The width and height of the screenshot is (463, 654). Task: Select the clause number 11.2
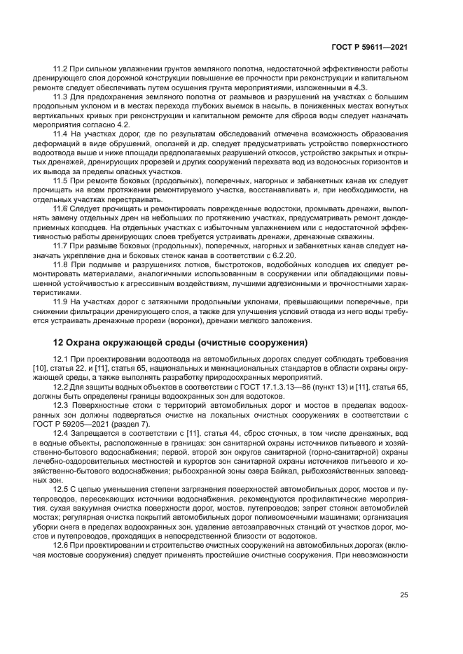pos(61,69)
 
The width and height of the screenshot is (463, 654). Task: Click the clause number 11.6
pos(61,208)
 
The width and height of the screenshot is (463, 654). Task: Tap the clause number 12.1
pos(61,358)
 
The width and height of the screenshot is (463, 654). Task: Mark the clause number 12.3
pos(61,406)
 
